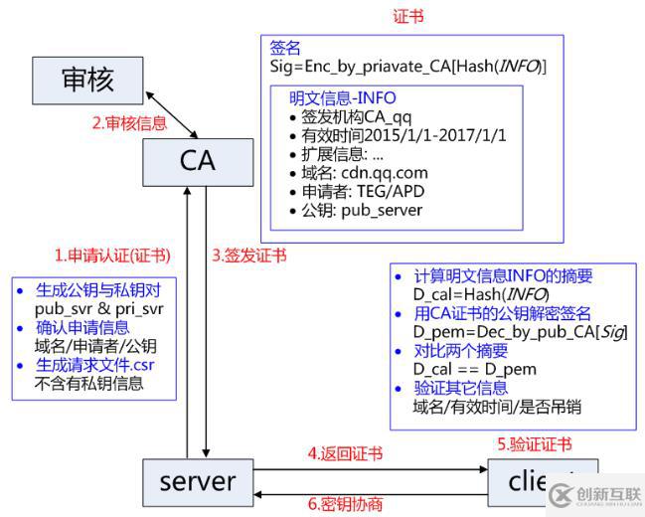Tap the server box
(198, 482)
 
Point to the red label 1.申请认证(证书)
(112, 256)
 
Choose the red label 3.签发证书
(248, 256)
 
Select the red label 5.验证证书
(535, 444)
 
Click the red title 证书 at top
(408, 17)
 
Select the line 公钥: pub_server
(362, 210)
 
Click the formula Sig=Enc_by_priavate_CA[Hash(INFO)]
(407, 66)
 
